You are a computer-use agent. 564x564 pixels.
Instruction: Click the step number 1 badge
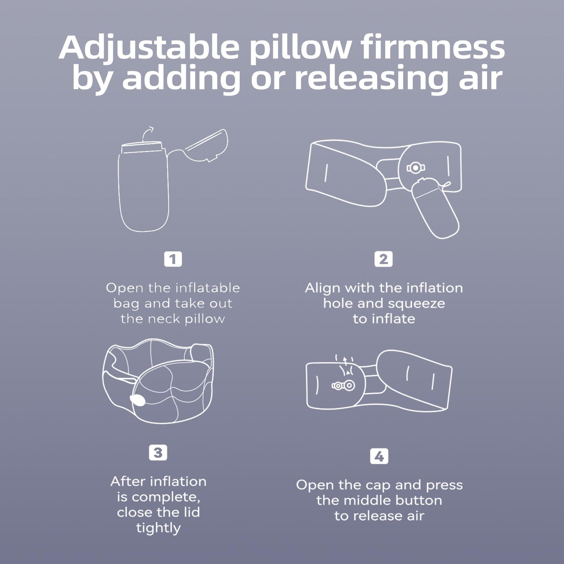[x=173, y=259]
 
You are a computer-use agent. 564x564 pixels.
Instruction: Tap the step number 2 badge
[x=383, y=259]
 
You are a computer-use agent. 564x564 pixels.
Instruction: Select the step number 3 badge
[x=158, y=453]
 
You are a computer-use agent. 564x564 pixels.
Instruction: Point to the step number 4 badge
[x=379, y=457]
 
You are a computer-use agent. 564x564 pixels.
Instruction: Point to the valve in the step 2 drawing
[x=415, y=168]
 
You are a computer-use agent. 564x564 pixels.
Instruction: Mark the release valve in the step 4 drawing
[x=343, y=386]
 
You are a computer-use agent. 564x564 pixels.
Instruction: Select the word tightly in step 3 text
[x=158, y=528]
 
